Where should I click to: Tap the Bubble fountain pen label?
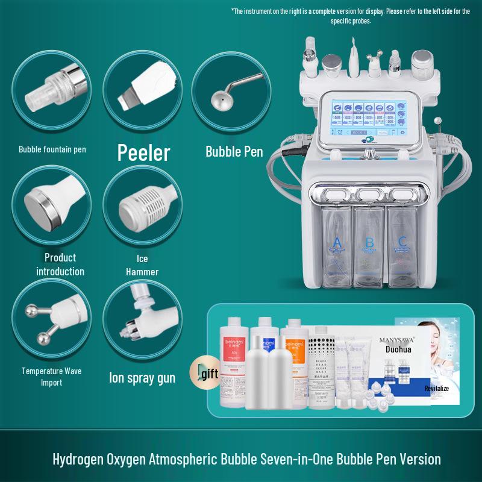point(52,149)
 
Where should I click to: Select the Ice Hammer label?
point(142,266)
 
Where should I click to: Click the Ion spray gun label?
point(142,378)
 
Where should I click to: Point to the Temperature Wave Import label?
point(52,377)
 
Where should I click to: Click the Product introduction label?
point(60,264)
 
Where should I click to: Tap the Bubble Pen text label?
point(234,151)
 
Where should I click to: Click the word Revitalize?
point(436,389)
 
